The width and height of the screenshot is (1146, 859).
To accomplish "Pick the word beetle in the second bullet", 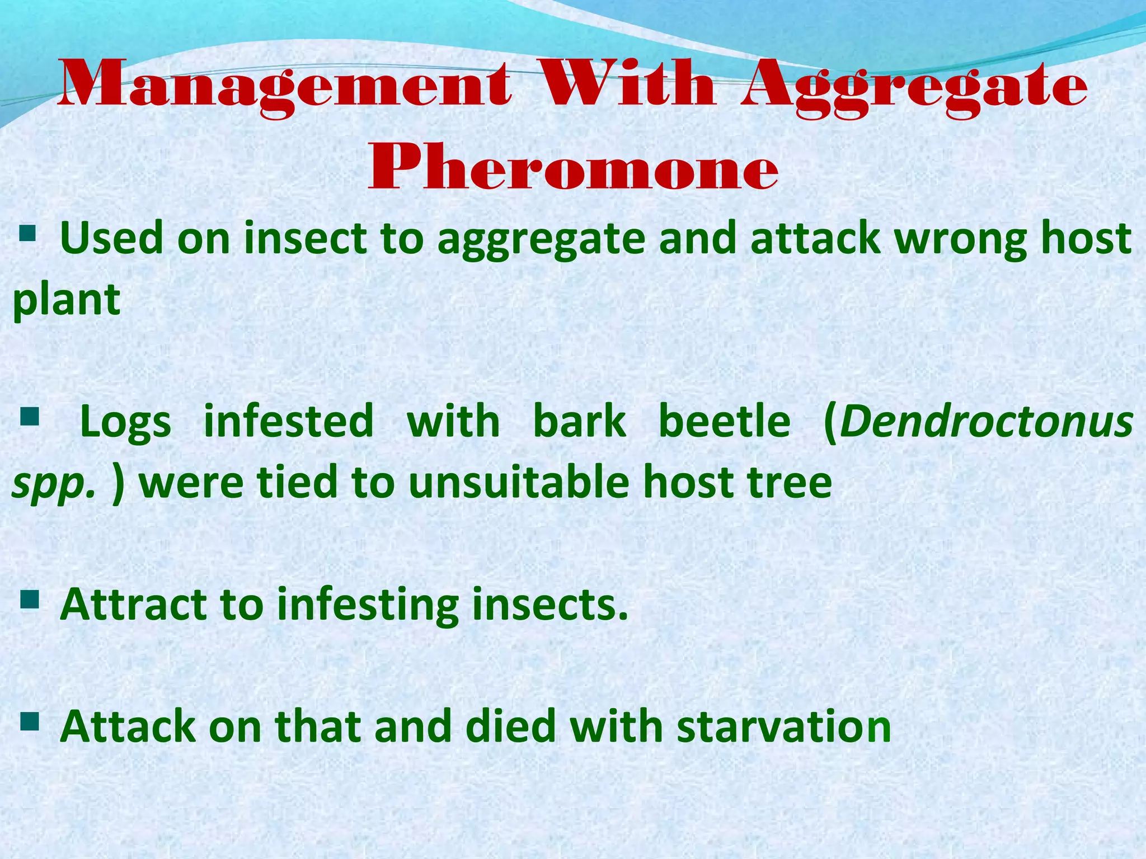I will [x=725, y=421].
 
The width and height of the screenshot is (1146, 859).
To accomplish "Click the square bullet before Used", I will [x=27, y=231].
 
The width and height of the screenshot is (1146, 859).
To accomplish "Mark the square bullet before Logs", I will [x=29, y=416].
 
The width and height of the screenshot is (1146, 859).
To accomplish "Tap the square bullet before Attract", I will [x=29, y=600].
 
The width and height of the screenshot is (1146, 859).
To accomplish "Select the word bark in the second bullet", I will [x=579, y=421].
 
